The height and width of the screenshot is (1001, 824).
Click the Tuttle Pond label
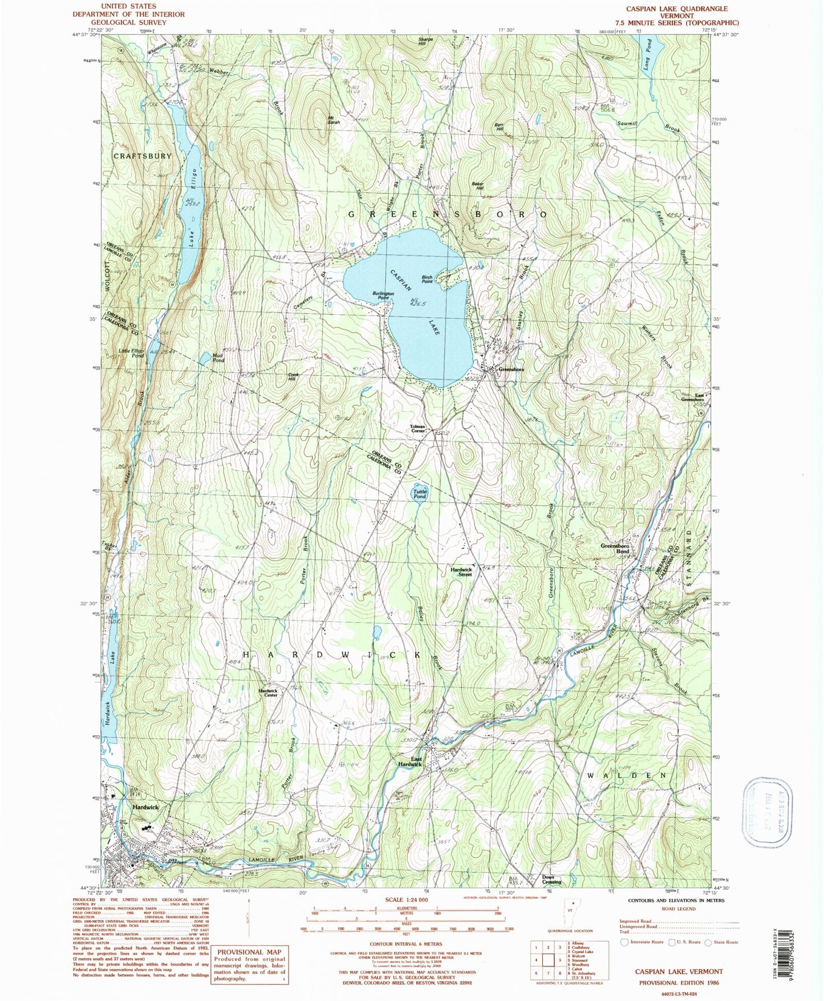pyautogui.click(x=420, y=494)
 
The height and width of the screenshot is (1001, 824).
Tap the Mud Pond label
pyautogui.click(x=218, y=358)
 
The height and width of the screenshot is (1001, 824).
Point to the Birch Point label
pyautogui.click(x=427, y=279)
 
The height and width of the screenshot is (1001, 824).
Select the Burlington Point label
pyautogui.click(x=383, y=295)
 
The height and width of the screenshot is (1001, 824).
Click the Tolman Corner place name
pyautogui.click(x=418, y=429)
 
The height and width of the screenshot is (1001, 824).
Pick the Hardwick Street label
pyautogui.click(x=461, y=572)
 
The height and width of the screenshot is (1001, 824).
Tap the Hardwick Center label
pyautogui.click(x=267, y=692)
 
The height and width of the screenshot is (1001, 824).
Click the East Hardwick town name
pyautogui.click(x=410, y=761)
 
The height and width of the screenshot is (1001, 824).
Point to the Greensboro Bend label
pyautogui.click(x=615, y=549)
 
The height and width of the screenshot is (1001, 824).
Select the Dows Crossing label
pyautogui.click(x=551, y=880)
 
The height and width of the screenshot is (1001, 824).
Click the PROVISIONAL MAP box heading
pyautogui.click(x=248, y=951)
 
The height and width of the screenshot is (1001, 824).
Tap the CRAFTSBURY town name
pyautogui.click(x=142, y=156)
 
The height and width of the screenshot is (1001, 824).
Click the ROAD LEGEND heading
pyautogui.click(x=678, y=909)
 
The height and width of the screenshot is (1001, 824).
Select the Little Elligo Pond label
pyautogui.click(x=132, y=353)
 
